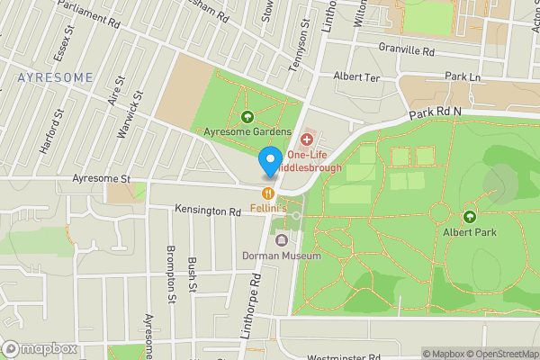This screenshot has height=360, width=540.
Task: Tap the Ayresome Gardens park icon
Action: (x=247, y=117)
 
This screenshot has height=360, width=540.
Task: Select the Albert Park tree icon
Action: (x=469, y=216)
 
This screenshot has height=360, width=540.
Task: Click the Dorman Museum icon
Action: (x=282, y=240)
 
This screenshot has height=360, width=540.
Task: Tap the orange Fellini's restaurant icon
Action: (x=267, y=193)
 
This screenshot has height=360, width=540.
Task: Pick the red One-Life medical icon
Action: (x=307, y=139)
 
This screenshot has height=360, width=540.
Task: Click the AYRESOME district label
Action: (x=55, y=77)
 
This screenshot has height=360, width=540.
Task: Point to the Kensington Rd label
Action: (x=208, y=212)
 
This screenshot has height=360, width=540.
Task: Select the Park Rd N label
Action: (x=435, y=112)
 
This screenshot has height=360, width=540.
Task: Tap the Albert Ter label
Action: (x=357, y=77)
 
